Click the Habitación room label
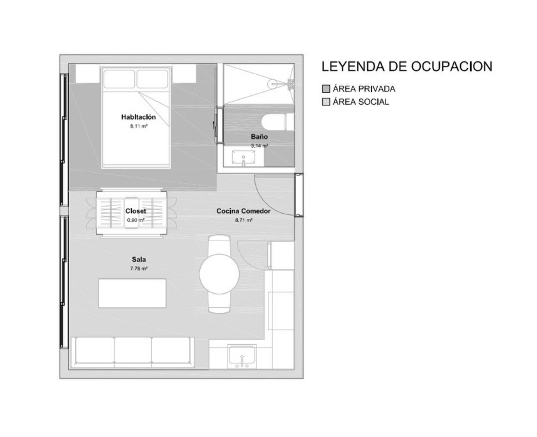138,117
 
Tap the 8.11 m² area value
139,126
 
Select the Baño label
260,137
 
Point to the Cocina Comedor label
244,211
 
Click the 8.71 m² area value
244,220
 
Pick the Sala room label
139,260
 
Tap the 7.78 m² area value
139,269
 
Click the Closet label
136,211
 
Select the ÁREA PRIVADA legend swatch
326,89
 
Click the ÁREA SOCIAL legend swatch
326,102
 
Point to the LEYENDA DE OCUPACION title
407,67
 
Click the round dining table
219,274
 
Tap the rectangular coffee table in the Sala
132,294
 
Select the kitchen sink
242,356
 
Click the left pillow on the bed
119,79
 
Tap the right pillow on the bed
152,79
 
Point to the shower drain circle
274,83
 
